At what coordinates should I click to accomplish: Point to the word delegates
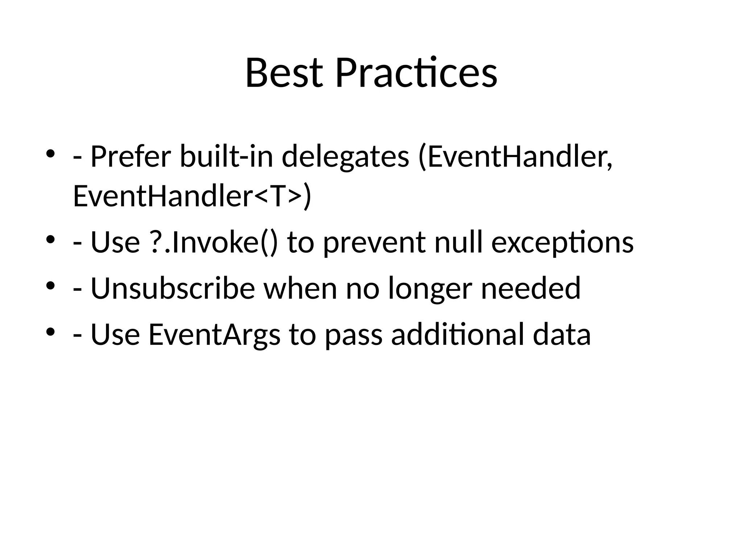click(x=345, y=157)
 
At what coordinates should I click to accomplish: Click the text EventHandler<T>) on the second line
click(x=192, y=196)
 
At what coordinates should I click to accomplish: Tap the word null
click(x=459, y=242)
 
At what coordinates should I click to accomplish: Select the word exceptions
click(x=562, y=242)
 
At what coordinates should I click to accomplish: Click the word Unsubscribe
click(x=173, y=288)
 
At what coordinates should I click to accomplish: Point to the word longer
click(x=430, y=288)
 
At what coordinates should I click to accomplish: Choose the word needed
click(x=530, y=288)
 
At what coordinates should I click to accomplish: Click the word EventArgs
click(x=214, y=334)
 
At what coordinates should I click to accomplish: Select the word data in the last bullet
click(x=562, y=334)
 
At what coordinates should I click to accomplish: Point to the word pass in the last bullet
click(x=353, y=334)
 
